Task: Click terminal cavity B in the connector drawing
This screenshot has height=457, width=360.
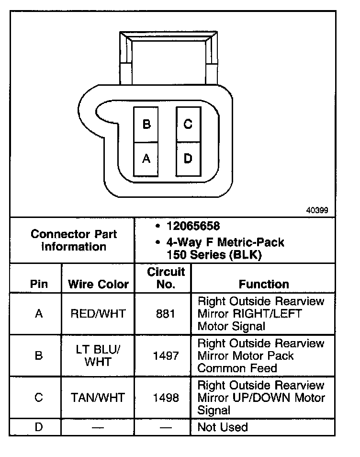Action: pos(146,125)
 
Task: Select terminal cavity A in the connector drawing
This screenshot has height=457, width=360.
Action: pos(146,160)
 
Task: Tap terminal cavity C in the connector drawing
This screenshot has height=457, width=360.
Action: pos(189,125)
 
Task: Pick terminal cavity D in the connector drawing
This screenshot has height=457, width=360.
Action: pos(189,160)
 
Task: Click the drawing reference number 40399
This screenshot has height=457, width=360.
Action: pos(317,210)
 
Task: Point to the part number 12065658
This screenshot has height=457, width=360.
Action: pos(193,226)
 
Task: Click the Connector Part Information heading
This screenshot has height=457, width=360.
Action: pos(74,240)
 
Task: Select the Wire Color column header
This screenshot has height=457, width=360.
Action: pos(98,284)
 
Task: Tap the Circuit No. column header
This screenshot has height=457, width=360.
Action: pos(166,278)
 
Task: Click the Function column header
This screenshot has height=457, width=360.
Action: pos(264,284)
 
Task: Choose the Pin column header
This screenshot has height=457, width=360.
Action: pos(39,284)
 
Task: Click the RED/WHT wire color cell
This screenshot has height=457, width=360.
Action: pos(98,314)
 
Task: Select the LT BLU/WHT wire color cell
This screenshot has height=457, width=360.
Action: pos(98,355)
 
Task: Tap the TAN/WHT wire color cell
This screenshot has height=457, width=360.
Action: pos(98,398)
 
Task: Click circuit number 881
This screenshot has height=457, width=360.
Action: pos(166,314)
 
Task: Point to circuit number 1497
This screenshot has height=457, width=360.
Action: pos(166,356)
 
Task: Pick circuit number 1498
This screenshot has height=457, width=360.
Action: pos(166,398)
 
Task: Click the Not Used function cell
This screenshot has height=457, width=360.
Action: pos(223,427)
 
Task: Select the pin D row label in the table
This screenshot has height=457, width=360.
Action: pos(39,427)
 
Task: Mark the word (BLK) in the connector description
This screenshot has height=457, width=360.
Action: pos(246,255)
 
